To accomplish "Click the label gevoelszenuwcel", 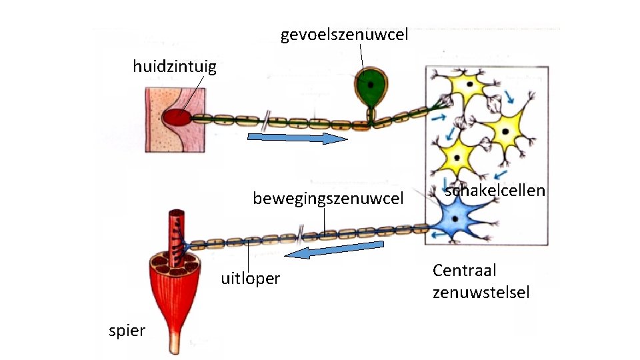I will click(x=344, y=35).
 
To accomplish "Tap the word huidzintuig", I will click(x=175, y=67).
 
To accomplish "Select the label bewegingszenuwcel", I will click(x=328, y=199).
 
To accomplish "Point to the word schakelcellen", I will click(x=495, y=191).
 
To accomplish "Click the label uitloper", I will click(x=250, y=279).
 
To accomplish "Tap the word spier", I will click(x=127, y=331).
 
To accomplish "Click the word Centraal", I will click(x=465, y=271).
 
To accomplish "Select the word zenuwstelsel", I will click(x=481, y=292).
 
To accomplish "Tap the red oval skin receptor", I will click(x=175, y=118).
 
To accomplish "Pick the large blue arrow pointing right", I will click(x=297, y=138).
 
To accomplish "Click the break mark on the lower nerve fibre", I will click(x=301, y=234).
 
